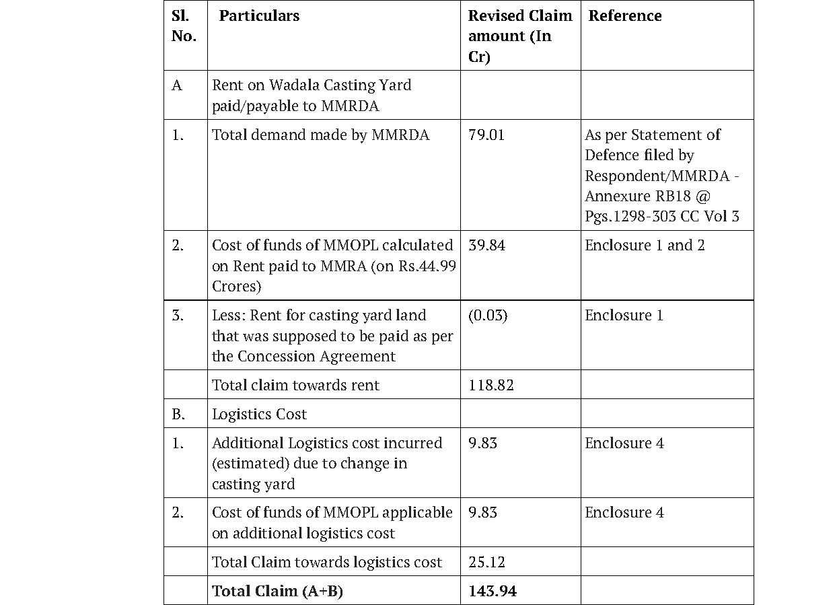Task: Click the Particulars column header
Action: tap(259, 16)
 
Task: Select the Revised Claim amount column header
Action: tap(519, 36)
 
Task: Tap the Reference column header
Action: tap(624, 16)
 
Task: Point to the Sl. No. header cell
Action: tap(184, 26)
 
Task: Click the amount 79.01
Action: tap(486, 135)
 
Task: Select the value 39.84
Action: tap(486, 246)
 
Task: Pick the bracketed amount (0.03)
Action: tap(488, 316)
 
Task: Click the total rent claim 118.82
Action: tap(491, 386)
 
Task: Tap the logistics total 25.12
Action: tap(486, 563)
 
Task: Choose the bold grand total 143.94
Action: tap(493, 592)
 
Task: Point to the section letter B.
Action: tap(178, 415)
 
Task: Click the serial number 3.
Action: tap(178, 316)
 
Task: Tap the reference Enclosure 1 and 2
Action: tap(645, 246)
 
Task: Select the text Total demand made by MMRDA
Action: tap(320, 135)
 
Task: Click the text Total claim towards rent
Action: tap(295, 386)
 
